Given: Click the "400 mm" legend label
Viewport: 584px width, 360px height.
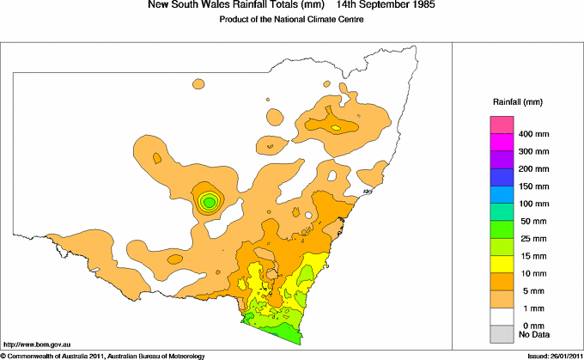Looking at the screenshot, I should point(533,136).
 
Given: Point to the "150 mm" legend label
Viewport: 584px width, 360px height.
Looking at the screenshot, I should point(533,186).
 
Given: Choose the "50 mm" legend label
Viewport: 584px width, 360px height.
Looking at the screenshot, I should point(533,222).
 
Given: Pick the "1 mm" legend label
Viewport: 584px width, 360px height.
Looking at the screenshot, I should point(531,307).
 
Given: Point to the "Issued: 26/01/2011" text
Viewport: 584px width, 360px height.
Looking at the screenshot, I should point(551,355).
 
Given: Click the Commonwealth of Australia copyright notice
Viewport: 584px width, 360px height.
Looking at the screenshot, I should point(102,355).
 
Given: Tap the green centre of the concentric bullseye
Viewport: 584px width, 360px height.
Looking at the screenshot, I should point(209,202).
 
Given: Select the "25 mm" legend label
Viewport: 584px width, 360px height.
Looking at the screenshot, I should point(533,238).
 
